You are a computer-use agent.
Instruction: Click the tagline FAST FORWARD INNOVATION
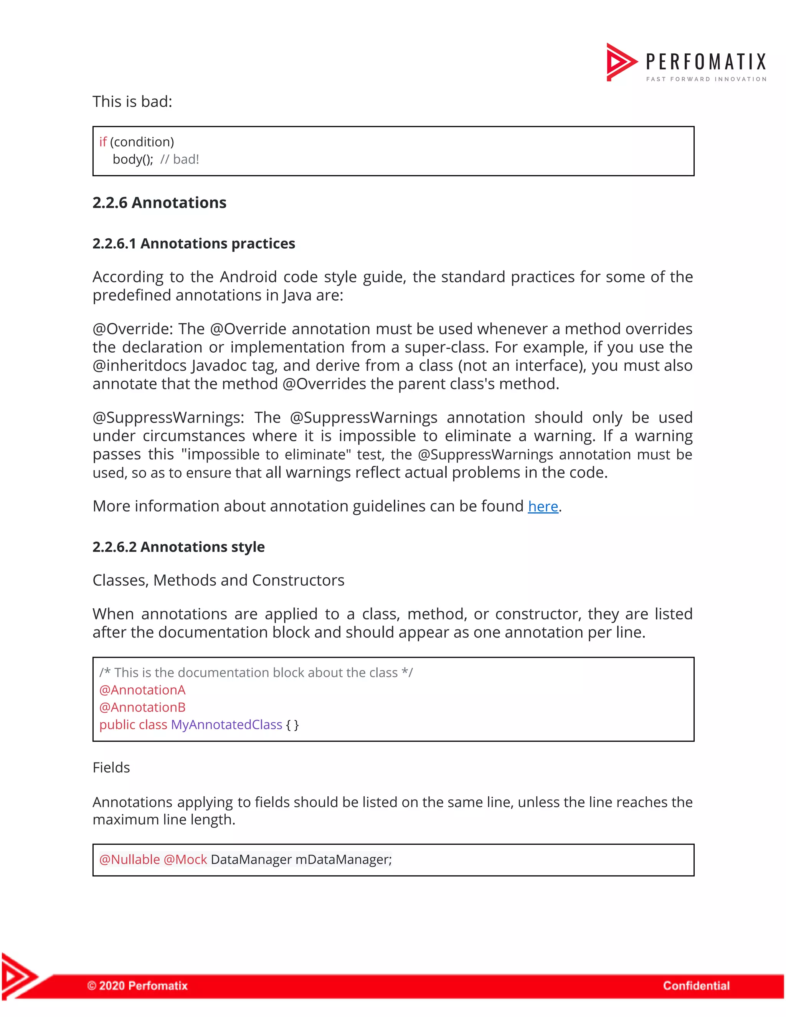(706, 79)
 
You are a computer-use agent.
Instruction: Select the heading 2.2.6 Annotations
(159, 203)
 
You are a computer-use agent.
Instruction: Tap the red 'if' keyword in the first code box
(103, 142)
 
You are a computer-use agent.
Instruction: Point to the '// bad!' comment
(179, 159)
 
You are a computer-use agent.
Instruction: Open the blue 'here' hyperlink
(542, 506)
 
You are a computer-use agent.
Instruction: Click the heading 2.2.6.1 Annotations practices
(194, 244)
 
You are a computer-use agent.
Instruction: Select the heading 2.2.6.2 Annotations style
(178, 546)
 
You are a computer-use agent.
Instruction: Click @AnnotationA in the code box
(142, 690)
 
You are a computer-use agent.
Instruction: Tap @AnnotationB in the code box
(142, 707)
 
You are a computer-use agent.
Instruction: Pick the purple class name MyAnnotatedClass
(226, 725)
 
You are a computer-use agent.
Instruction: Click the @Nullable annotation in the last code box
(129, 859)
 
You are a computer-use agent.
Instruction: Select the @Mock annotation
(185, 859)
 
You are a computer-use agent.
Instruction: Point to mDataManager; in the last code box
(343, 859)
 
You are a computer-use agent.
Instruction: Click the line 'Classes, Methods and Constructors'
(218, 580)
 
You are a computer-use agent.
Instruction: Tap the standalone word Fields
(111, 768)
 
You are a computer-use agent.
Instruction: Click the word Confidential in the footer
(696, 985)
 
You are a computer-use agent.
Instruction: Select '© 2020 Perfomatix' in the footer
(137, 985)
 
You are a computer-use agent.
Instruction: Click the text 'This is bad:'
(132, 102)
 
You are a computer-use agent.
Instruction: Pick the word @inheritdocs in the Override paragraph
(139, 365)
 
